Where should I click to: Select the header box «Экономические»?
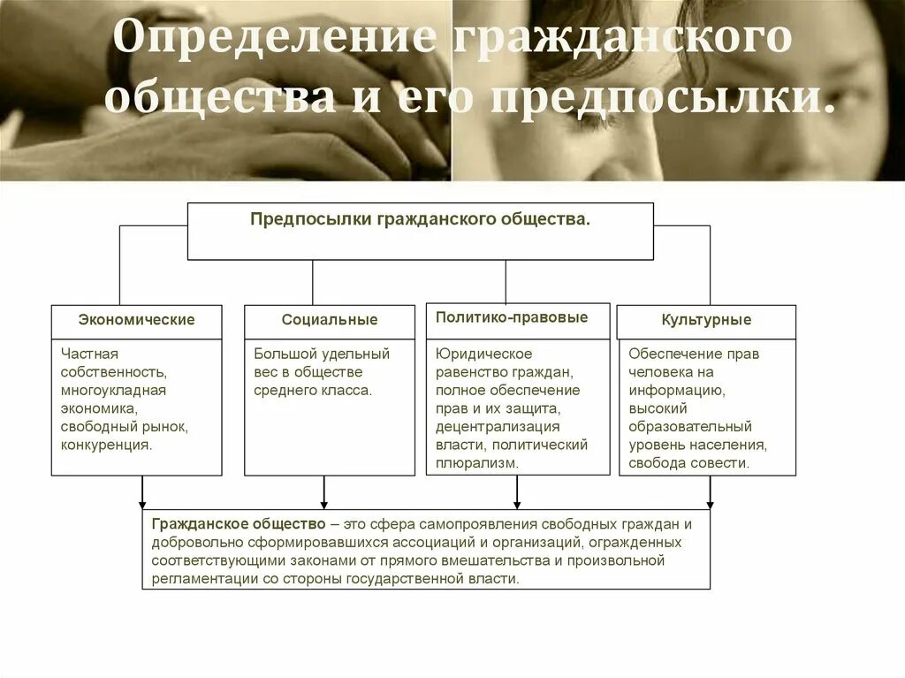coord(136,320)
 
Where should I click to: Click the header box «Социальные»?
coord(329,320)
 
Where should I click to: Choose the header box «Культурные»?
coord(706,320)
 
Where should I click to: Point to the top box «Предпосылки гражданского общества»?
coord(420,219)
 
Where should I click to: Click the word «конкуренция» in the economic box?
coord(106,445)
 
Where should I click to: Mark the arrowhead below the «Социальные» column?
coord(324,504)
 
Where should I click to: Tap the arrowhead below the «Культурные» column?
coord(710,504)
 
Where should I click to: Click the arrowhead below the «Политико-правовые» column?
coord(517,504)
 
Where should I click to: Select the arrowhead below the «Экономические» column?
coord(142,504)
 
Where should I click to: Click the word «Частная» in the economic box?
coord(84,354)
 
